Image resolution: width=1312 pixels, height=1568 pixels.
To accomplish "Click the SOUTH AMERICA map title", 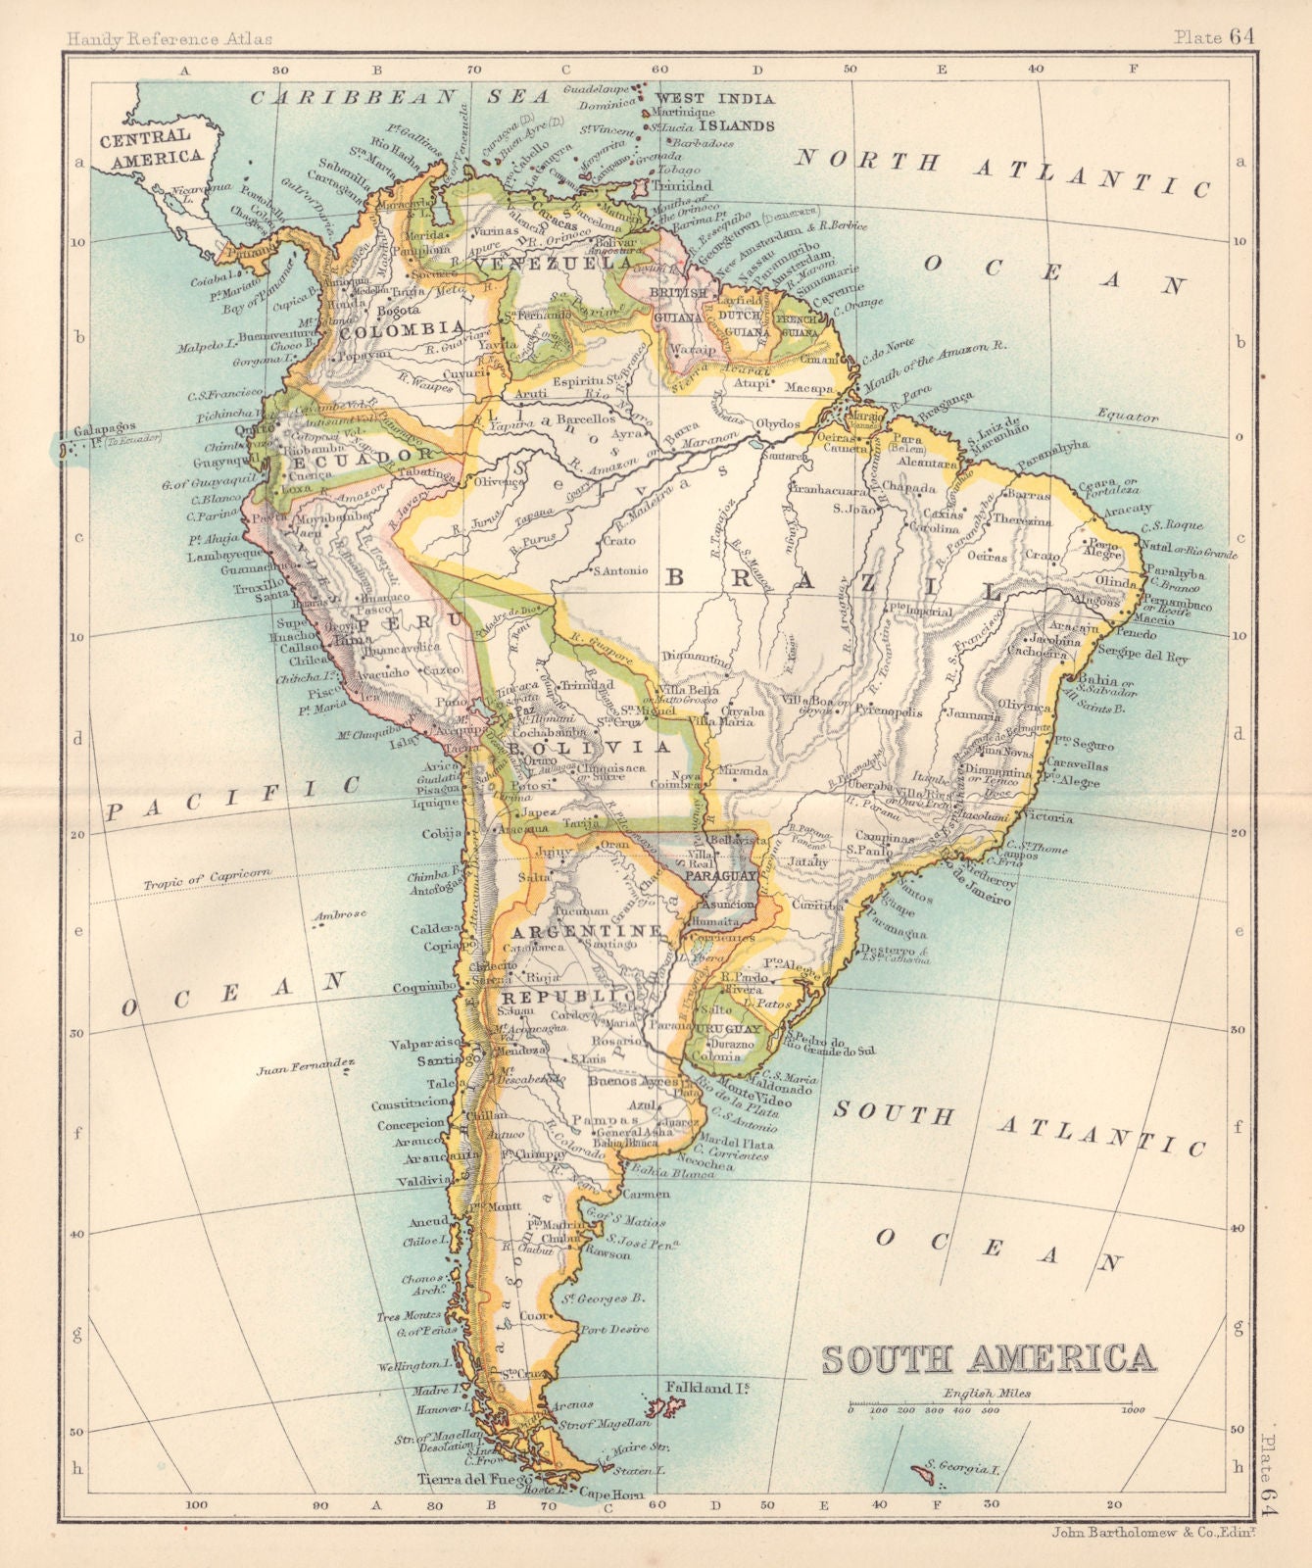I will point(989,1358).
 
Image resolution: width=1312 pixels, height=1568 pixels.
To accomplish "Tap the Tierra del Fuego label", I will point(462,1479).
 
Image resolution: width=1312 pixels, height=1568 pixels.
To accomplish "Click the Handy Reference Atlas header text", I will point(169,39).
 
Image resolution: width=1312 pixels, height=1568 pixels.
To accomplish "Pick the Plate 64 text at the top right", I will point(1214,37).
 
